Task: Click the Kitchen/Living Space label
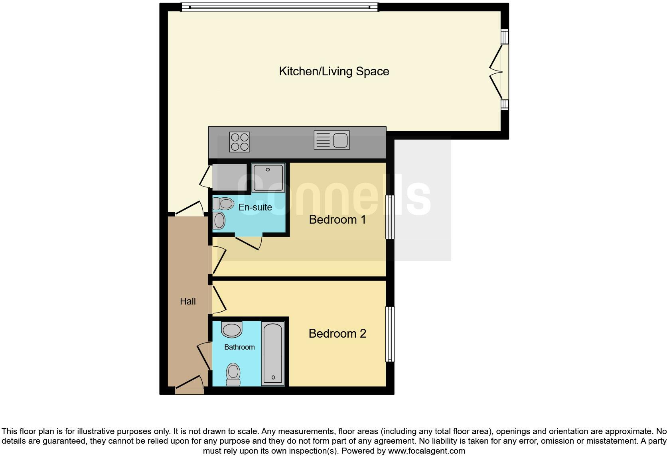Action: [334, 71]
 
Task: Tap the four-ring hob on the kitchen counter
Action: [239, 142]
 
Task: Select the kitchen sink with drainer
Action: [332, 140]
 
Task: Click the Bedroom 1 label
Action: [337, 220]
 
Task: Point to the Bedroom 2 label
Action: [337, 334]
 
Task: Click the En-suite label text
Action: [255, 207]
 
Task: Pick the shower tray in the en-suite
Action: [268, 177]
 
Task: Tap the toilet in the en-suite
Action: [223, 204]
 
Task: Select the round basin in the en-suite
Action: [219, 220]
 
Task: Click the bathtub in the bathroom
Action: [273, 354]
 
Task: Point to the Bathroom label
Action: [239, 347]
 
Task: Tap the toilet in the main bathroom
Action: [233, 375]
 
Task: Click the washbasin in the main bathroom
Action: [232, 330]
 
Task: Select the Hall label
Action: [187, 301]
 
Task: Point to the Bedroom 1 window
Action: [390, 217]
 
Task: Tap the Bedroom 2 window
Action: [390, 334]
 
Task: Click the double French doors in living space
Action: [497, 72]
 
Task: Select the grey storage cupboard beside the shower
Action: [229, 177]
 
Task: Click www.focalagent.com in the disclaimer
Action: [426, 451]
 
